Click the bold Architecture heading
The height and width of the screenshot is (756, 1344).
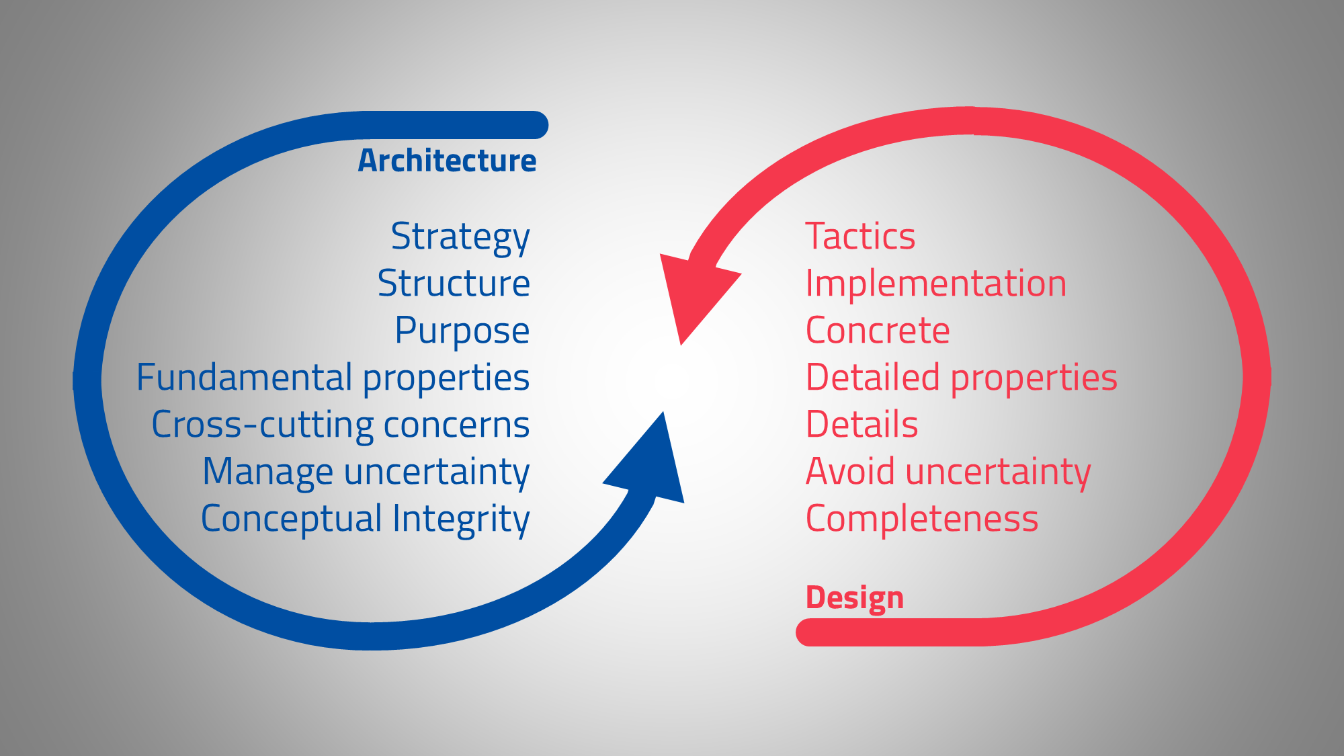tap(447, 161)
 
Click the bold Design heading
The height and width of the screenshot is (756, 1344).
tap(854, 597)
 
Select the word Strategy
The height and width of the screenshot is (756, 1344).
tap(460, 237)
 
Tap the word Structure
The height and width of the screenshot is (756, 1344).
tap(454, 283)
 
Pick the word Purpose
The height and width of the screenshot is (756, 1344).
tap(462, 331)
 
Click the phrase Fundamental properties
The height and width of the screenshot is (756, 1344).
tap(333, 378)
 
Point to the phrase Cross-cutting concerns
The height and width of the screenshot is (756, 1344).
tap(341, 425)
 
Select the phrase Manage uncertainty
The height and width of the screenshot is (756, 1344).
tap(366, 472)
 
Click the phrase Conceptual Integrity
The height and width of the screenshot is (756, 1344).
tap(365, 519)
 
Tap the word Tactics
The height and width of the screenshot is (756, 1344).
tap(860, 237)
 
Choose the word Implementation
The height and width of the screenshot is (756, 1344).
tap(935, 283)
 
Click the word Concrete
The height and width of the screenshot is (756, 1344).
tap(878, 331)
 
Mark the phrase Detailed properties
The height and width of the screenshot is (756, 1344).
tap(961, 378)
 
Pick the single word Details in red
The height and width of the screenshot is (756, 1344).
tap(862, 425)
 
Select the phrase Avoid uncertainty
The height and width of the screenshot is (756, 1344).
tap(948, 472)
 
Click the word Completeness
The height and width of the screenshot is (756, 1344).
tap(921, 519)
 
